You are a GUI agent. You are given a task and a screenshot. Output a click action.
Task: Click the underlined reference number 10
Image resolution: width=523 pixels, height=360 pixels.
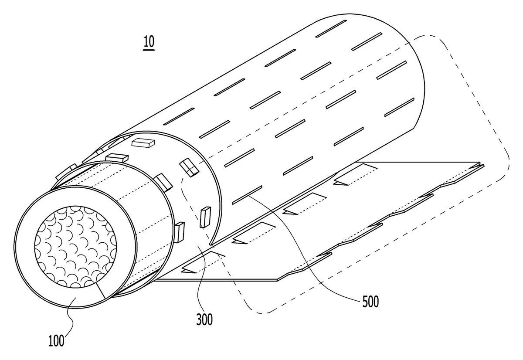pyautogui.click(x=149, y=42)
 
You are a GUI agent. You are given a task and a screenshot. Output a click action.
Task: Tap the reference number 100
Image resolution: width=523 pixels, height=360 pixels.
pyautogui.click(x=56, y=341)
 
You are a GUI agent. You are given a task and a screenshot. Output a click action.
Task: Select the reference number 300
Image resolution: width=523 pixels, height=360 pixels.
pyautogui.click(x=204, y=319)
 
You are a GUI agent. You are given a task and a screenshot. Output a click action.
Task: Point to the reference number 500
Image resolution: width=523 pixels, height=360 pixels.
pyautogui.click(x=370, y=302)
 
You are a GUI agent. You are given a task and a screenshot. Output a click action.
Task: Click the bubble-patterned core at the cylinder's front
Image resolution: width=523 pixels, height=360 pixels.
pyautogui.click(x=76, y=247)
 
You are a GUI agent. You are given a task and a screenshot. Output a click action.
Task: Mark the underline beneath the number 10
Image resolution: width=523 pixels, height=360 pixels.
pyautogui.click(x=149, y=50)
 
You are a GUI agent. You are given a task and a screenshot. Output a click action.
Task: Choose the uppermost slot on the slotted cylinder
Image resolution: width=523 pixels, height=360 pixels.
pyautogui.click(x=331, y=28)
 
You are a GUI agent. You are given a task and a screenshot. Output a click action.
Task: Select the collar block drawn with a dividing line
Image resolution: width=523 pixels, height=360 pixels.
pyautogui.click(x=189, y=167)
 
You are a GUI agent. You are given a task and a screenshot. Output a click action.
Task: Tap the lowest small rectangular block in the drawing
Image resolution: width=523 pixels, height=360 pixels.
pyautogui.click(x=180, y=232)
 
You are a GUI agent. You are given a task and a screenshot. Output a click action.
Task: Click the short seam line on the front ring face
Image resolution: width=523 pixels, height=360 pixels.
pyautogui.click(x=100, y=290)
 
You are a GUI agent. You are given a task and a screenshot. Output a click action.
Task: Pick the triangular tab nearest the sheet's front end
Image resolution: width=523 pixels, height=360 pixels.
pyautogui.click(x=188, y=271)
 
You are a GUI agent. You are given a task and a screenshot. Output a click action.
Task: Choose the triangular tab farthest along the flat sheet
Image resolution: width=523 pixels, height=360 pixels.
pyautogui.click(x=340, y=183)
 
